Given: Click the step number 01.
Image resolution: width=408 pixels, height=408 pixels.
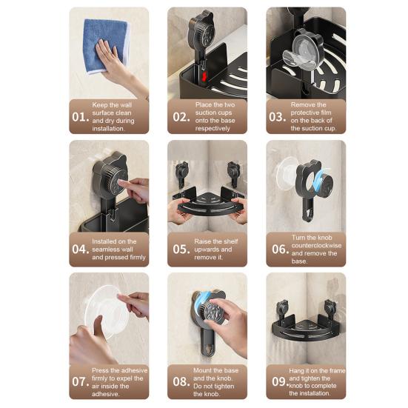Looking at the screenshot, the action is point(81,117).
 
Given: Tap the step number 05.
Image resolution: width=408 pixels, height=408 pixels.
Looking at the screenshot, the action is point(181,250).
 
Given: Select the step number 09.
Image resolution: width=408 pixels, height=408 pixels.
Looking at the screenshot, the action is point(281,382).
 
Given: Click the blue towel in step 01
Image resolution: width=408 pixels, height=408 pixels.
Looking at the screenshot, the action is point(106,44).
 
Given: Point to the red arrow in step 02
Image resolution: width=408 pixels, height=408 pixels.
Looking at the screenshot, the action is point(204,76).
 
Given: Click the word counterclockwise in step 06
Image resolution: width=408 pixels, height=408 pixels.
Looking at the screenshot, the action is point(316,245).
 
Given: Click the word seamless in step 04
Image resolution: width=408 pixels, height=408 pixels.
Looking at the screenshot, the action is point(113,250).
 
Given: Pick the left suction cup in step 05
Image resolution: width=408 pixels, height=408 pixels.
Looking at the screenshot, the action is point(182,173).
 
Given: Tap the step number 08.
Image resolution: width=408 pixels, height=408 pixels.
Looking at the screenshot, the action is point(181,382).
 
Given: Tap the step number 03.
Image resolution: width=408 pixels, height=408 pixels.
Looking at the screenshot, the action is point(278,117).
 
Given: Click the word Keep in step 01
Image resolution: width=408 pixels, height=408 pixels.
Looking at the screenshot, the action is point(99,105).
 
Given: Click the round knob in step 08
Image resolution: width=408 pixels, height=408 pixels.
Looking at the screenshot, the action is point(213,312).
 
